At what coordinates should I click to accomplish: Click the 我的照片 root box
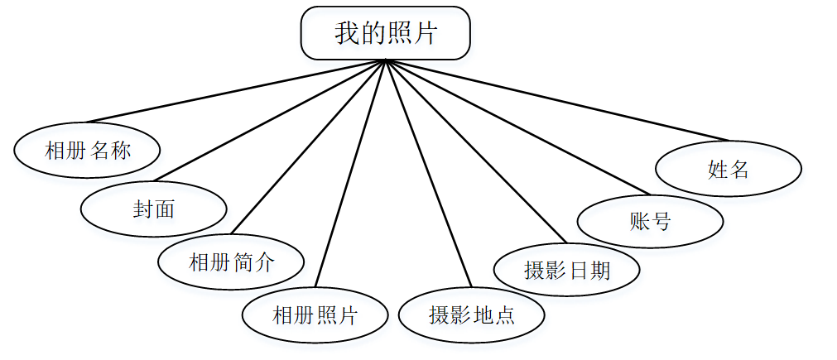[385, 34]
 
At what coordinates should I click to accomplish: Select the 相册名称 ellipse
[87, 150]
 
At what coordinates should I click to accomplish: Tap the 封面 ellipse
[153, 209]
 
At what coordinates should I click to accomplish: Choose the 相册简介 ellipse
[231, 263]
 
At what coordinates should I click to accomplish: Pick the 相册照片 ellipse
[315, 315]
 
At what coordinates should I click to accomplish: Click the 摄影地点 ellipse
[471, 315]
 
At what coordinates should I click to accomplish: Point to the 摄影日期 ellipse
[566, 270]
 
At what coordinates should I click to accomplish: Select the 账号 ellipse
[650, 221]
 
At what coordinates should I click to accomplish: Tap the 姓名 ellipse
[728, 170]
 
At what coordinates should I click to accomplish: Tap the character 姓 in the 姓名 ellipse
[717, 170]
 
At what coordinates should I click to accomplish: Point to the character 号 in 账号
[661, 221]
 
